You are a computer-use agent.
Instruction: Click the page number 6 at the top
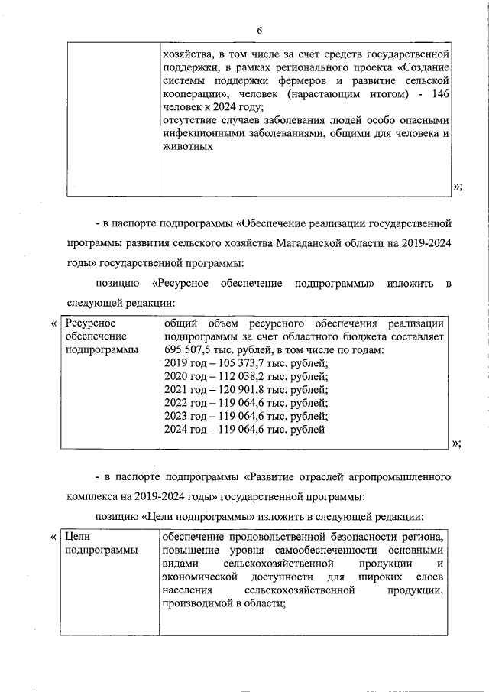point(259,30)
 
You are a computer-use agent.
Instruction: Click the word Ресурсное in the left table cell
point(90,323)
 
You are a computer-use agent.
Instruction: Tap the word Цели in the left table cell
point(78,537)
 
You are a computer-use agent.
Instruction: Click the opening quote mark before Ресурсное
point(53,323)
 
